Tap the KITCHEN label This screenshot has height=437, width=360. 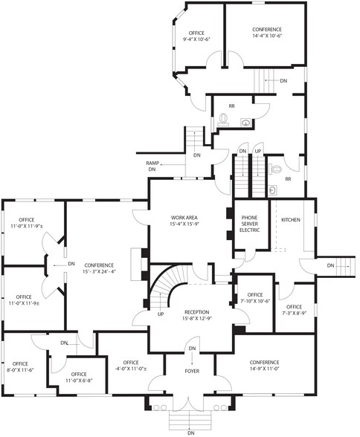click(291, 220)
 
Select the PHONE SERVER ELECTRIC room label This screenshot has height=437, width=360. click(249, 222)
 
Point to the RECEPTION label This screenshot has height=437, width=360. click(196, 315)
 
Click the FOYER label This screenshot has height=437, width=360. click(193, 370)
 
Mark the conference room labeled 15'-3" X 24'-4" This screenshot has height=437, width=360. click(99, 268)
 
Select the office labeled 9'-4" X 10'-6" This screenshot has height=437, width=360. click(196, 37)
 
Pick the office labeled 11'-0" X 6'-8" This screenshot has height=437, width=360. click(79, 377)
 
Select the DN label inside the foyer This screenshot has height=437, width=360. click(192, 349)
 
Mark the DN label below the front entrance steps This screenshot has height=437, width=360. click(191, 433)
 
